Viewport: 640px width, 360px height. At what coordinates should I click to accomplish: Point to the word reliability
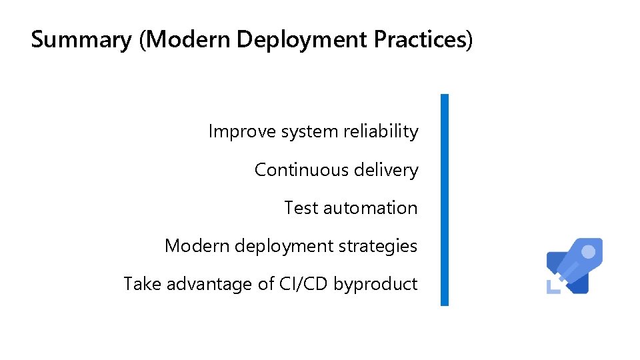point(381,131)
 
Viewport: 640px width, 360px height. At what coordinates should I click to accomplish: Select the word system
point(309,132)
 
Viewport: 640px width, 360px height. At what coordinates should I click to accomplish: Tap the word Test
point(301,208)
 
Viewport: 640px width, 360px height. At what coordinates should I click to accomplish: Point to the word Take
point(142,284)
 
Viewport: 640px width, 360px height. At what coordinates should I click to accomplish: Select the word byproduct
point(375,285)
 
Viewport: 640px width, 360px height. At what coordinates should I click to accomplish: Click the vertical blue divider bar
point(445,200)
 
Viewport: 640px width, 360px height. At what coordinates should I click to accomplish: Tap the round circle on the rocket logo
point(589,253)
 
